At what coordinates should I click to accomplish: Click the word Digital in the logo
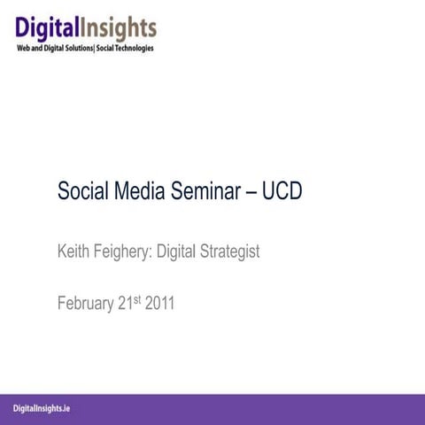(52, 27)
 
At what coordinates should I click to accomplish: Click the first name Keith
(74, 251)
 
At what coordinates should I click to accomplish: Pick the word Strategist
(228, 252)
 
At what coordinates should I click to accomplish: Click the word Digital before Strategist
(175, 252)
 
